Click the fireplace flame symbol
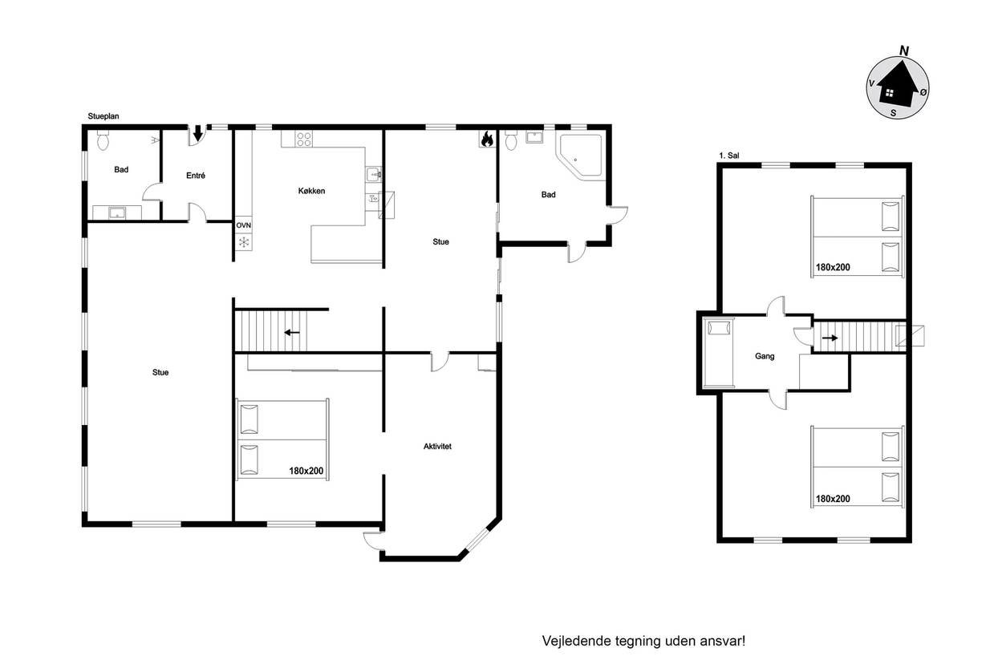(487, 139)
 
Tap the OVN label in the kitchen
(244, 225)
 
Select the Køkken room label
(311, 191)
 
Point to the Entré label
(196, 176)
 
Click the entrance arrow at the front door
(198, 132)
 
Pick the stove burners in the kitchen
(304, 140)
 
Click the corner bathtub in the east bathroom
(581, 155)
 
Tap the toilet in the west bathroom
(103, 140)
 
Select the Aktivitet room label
(437, 446)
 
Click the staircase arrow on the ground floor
(292, 333)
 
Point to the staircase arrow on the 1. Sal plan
(830, 338)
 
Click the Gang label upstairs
(765, 356)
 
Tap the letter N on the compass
(904, 51)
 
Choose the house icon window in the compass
(890, 93)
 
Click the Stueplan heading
(103, 116)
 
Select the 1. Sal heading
(729, 156)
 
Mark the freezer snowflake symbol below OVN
(244, 242)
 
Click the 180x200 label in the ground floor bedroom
(306, 471)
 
